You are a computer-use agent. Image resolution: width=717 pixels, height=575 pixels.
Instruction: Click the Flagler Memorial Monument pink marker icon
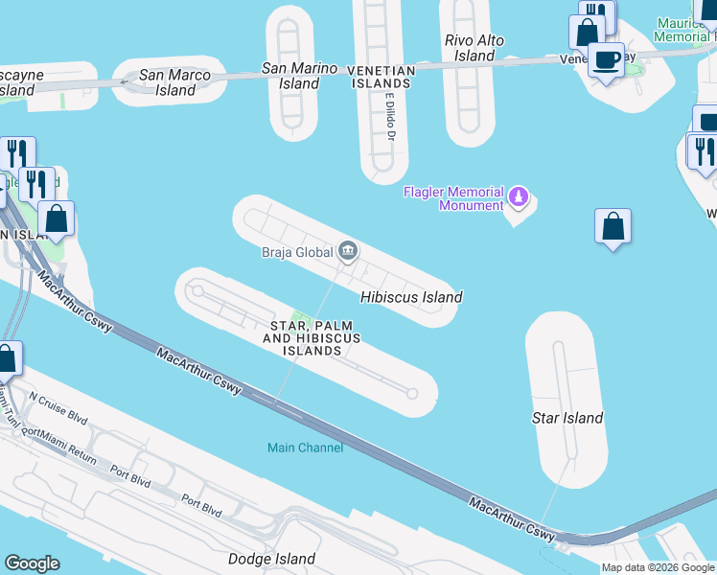point(519,196)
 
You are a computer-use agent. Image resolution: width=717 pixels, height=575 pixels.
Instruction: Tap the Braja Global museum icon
point(348,253)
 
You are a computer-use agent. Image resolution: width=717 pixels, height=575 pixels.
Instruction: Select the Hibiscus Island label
point(411,297)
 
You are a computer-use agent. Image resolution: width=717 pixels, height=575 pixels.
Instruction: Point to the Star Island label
point(567,418)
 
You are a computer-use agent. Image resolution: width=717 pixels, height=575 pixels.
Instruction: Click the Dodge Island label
point(271,559)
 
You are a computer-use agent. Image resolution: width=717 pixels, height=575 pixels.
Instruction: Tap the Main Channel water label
point(305,448)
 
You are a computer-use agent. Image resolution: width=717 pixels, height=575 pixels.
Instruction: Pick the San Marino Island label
point(300,76)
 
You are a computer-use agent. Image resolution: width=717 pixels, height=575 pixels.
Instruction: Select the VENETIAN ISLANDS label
point(381,77)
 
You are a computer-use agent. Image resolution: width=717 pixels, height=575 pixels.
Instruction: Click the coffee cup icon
point(606,59)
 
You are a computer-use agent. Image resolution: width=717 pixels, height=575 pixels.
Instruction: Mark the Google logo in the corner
point(32,563)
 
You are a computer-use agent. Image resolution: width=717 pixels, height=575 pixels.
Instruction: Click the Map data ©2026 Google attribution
point(658,567)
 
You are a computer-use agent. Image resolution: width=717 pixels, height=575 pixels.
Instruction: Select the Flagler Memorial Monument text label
point(453,198)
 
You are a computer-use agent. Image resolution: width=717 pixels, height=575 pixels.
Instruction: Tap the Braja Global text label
point(296,253)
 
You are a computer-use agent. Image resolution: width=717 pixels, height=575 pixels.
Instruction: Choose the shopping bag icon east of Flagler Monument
point(613,226)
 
